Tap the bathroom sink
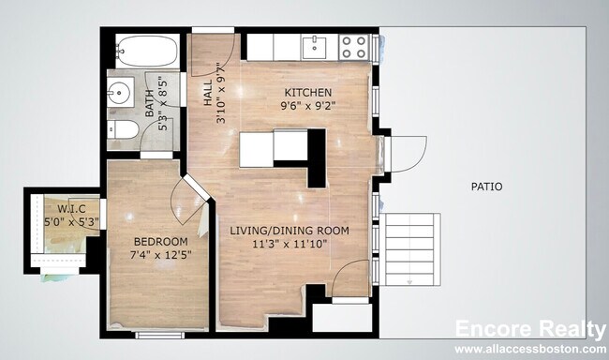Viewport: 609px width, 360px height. coord(120,94)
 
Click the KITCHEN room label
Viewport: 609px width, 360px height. coord(308,93)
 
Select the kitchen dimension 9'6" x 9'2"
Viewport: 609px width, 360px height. coord(308,106)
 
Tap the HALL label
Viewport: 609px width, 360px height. coord(208,93)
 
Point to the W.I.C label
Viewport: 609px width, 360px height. coord(71,208)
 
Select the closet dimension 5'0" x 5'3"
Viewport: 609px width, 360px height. coord(71,221)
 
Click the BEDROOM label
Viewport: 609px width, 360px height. coord(159,240)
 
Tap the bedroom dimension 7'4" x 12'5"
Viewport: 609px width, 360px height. coord(159,253)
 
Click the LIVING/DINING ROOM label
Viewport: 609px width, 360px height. coord(290,231)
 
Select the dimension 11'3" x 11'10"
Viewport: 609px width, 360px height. coord(290,244)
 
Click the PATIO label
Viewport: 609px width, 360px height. coord(486,187)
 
